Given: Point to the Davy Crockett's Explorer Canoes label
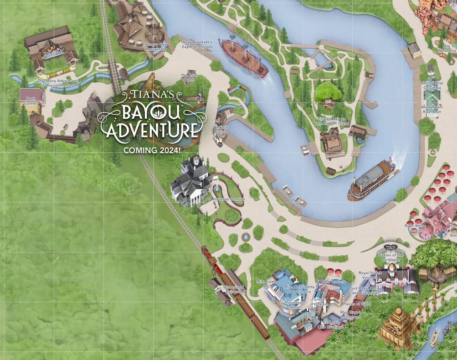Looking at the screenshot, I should pos(197,44).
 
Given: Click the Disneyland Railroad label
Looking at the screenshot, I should pos(233,289).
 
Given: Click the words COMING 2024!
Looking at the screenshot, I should pos(152,150).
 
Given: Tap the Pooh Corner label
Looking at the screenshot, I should pos(30,101).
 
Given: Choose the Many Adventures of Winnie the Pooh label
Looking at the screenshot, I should pos(58,83).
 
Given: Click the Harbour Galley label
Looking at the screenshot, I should pos(221,129).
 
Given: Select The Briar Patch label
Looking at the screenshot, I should pos(189,77).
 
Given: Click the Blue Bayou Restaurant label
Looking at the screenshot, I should pos(350,314).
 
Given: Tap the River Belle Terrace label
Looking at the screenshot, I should pos(415,228).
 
